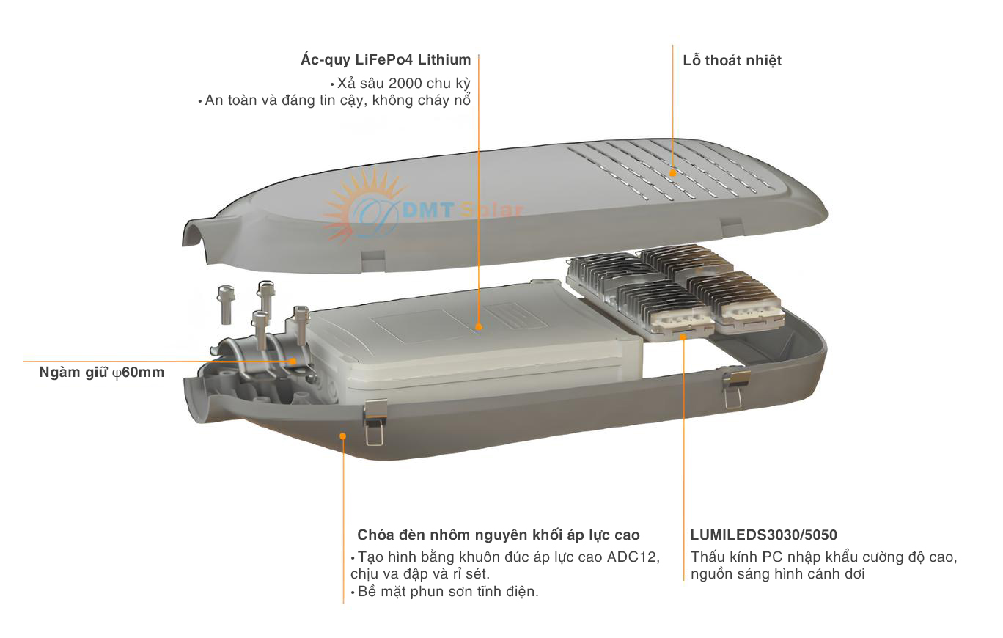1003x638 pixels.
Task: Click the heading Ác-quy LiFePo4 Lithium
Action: [386, 60]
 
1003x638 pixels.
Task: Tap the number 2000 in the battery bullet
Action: [406, 83]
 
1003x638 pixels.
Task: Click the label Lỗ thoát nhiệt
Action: [732, 61]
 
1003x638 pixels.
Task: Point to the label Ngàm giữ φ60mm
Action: [102, 373]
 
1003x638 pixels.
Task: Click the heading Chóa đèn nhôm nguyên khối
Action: [498, 535]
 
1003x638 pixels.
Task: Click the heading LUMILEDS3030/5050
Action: [763, 535]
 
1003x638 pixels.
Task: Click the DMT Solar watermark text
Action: [462, 211]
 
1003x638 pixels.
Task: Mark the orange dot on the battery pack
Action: [478, 327]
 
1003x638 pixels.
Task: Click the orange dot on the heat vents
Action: [673, 172]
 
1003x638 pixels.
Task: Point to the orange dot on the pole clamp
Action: [293, 361]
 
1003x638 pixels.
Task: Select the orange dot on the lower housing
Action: [342, 436]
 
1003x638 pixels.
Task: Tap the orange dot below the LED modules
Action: [683, 337]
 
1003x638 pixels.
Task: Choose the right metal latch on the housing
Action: [735, 386]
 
